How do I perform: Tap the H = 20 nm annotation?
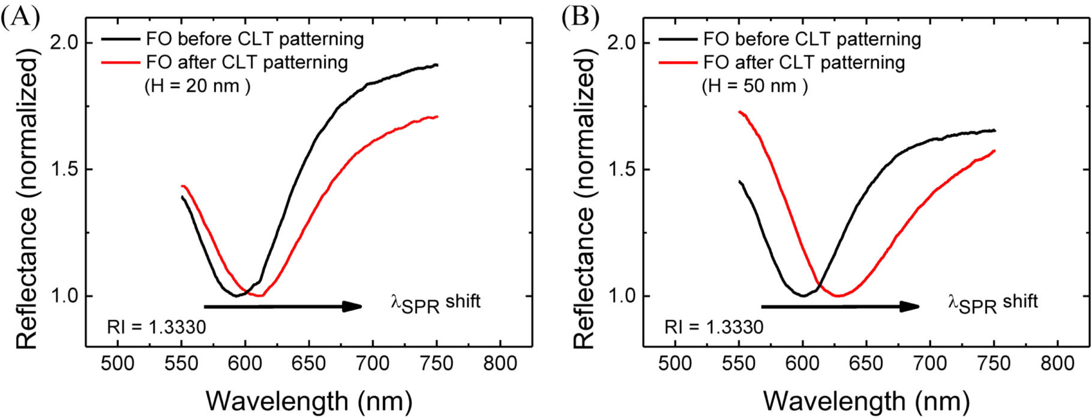coord(197,86)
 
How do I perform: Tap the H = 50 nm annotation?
coord(755,86)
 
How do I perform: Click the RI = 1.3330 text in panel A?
coord(157,327)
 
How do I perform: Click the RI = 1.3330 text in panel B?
coord(714,327)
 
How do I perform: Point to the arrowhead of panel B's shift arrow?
coord(910,307)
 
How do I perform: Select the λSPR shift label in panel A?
coord(436,303)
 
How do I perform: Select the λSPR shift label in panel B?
coord(993,303)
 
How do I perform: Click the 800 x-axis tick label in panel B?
coord(1057,364)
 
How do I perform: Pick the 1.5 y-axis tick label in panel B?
coord(622,170)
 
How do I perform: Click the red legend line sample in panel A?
coord(121,62)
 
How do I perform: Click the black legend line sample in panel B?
coord(678,40)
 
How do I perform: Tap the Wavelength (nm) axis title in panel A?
coord(309,401)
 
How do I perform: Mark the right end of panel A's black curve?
coord(437,65)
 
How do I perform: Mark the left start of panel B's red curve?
coord(740,112)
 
